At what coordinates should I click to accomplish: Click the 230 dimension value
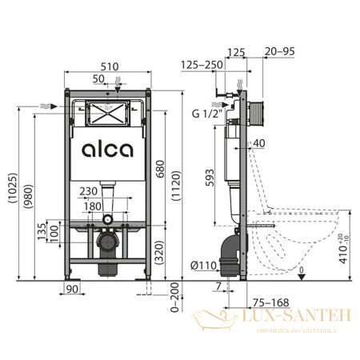pyautogui.click(x=90, y=190)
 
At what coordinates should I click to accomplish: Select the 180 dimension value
pyautogui.click(x=94, y=206)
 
